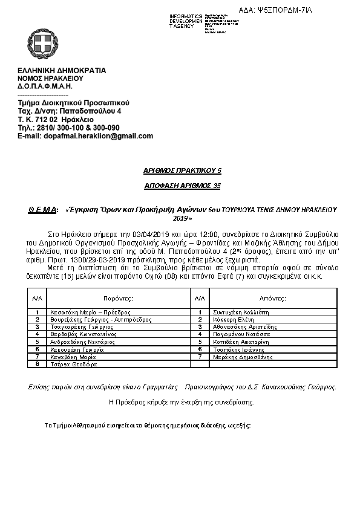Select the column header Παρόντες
click(118, 299)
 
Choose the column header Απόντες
click(273, 299)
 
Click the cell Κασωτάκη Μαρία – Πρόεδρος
click(91, 313)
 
